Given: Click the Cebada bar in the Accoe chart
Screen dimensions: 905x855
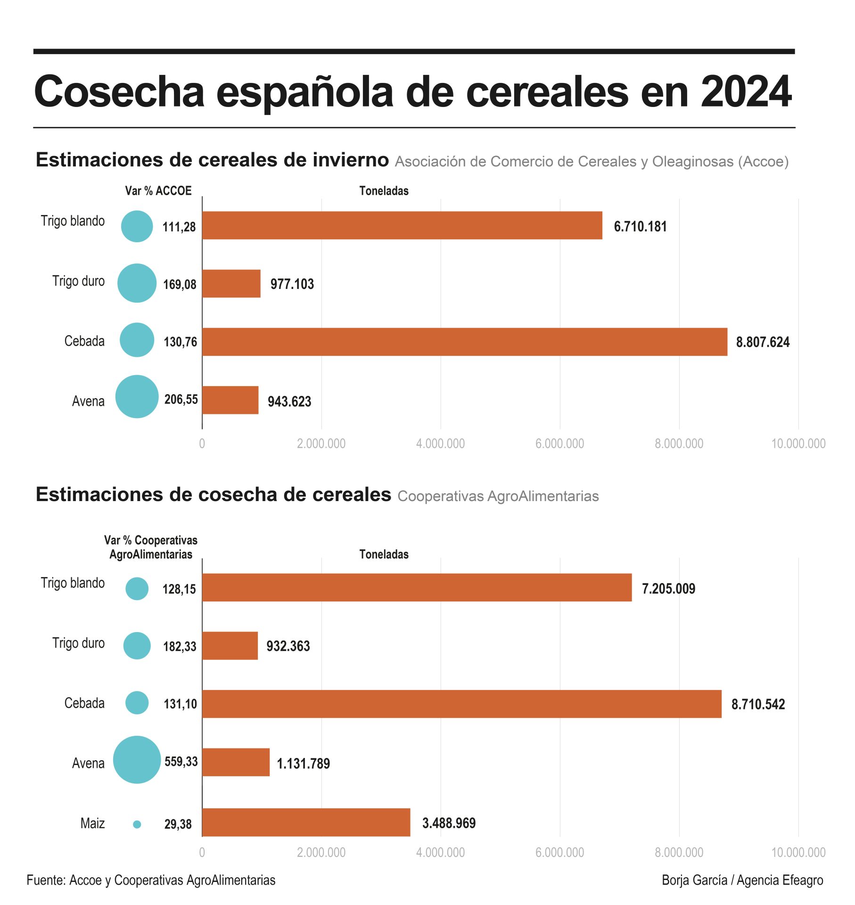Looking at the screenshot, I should [x=464, y=342].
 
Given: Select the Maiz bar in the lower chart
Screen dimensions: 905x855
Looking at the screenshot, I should [x=306, y=823].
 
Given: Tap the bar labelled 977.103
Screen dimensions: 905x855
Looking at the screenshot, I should [x=231, y=284].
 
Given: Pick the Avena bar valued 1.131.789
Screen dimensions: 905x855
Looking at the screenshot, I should [x=236, y=762].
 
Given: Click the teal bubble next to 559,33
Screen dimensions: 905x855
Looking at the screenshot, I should [x=137, y=760].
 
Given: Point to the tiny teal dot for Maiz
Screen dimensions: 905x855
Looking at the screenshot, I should [x=137, y=824].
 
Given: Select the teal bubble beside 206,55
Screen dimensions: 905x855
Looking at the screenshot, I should [x=137, y=396].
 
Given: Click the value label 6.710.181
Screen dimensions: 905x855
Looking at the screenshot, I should [x=640, y=227].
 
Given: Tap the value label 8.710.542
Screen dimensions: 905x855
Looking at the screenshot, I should [x=758, y=704].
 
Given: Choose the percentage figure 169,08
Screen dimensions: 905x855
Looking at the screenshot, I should [x=180, y=285].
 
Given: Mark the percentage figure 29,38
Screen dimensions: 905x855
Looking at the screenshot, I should [x=178, y=824].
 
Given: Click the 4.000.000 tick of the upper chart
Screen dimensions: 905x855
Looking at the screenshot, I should [x=440, y=444].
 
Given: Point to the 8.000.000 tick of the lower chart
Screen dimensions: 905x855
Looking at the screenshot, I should [x=679, y=852].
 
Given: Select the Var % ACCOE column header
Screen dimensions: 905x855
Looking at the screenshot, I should [x=158, y=191].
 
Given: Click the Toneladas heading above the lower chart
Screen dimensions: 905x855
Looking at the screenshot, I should [x=384, y=554].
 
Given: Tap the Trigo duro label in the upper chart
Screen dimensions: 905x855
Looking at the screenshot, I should [x=78, y=281].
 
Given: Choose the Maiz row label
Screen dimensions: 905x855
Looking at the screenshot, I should [x=92, y=823].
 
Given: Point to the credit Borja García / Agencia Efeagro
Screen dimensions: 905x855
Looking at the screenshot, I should [x=742, y=880].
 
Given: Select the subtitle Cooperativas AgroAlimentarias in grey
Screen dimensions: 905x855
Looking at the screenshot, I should [x=498, y=496].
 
